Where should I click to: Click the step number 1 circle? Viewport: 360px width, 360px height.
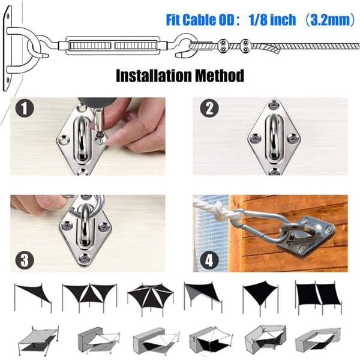pos(25,108)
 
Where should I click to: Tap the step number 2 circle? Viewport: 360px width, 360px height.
pos(209,108)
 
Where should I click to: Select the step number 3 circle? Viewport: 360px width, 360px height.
pos(25,260)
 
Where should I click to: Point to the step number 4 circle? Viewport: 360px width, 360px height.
pos(209,260)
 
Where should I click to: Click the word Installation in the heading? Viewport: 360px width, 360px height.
pos(154,76)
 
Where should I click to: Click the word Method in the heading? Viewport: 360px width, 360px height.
pos(219,76)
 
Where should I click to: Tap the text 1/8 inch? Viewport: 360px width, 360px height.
pos(272,20)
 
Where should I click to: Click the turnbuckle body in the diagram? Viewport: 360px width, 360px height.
pos(112,46)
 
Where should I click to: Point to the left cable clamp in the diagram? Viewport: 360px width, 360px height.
pos(223,46)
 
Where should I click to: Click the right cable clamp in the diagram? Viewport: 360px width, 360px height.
pos(245,46)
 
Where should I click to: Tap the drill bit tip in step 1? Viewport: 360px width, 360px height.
pos(99,136)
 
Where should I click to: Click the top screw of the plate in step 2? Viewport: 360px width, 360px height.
pos(274,104)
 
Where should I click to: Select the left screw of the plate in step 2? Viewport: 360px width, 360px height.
pos(255,138)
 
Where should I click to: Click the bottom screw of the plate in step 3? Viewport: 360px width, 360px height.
pos(85,258)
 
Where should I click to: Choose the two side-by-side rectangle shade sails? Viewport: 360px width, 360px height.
pos(318,295)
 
